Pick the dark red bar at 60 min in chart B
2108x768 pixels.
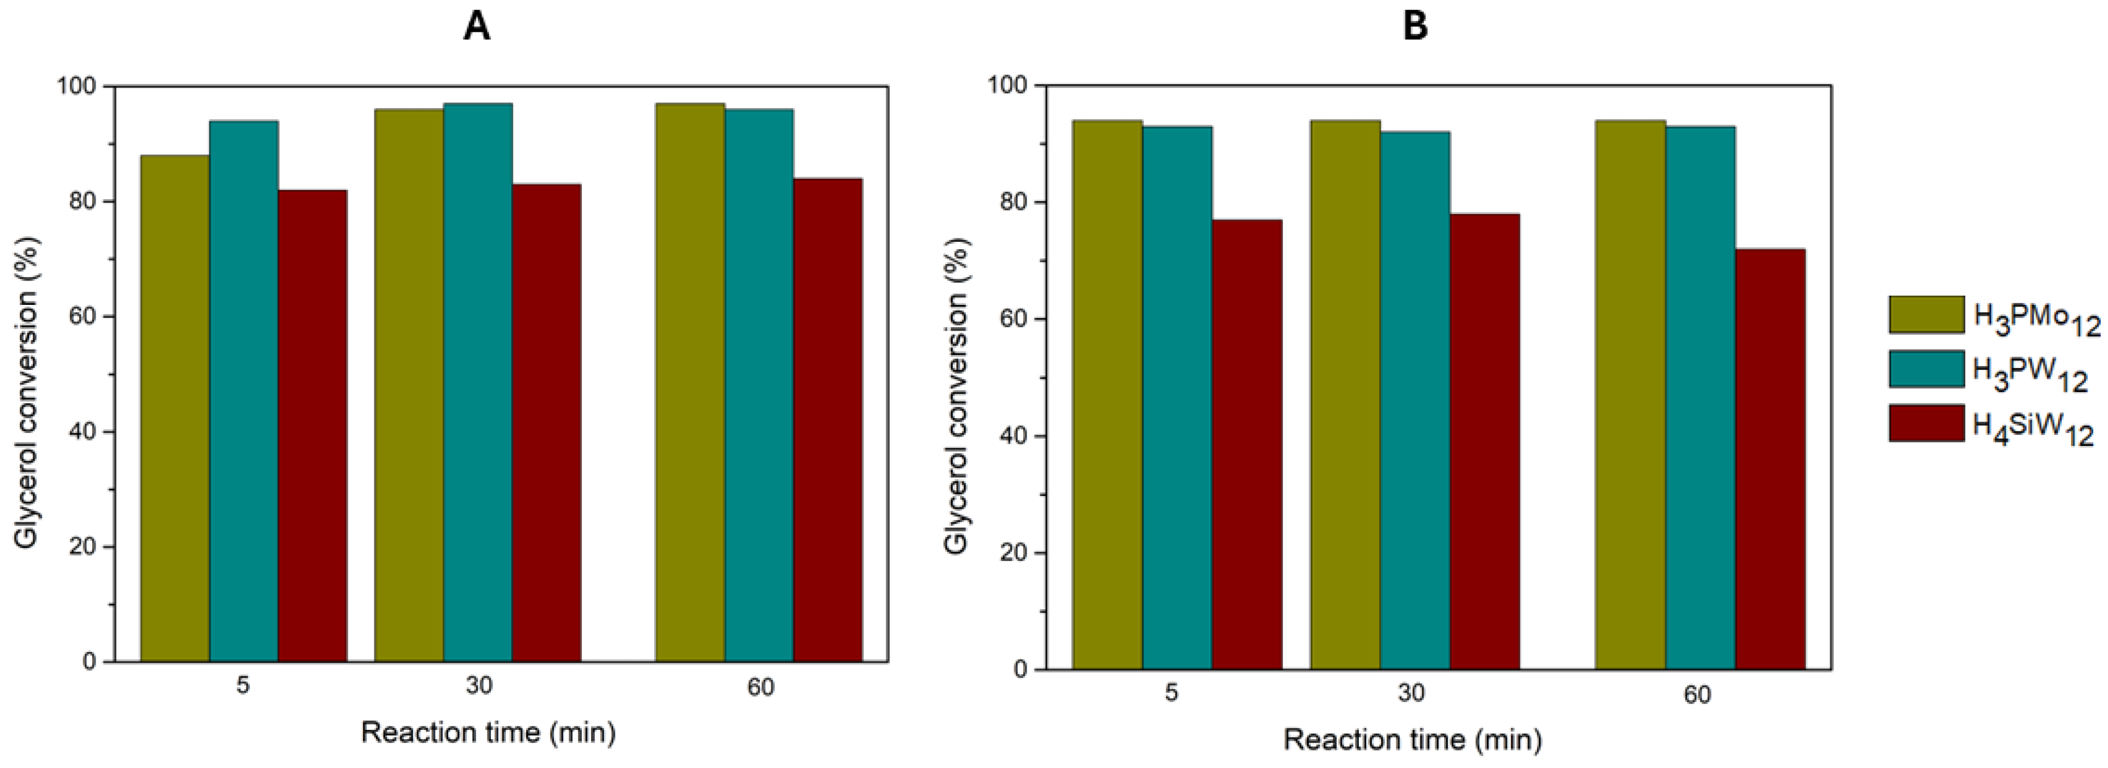[x=1770, y=459]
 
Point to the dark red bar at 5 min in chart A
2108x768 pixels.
[x=313, y=425]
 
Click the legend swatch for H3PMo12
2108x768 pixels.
[x=1927, y=315]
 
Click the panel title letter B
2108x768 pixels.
[x=1415, y=26]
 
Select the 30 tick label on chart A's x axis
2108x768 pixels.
[x=479, y=686]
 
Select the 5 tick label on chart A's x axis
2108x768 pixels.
[x=243, y=686]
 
